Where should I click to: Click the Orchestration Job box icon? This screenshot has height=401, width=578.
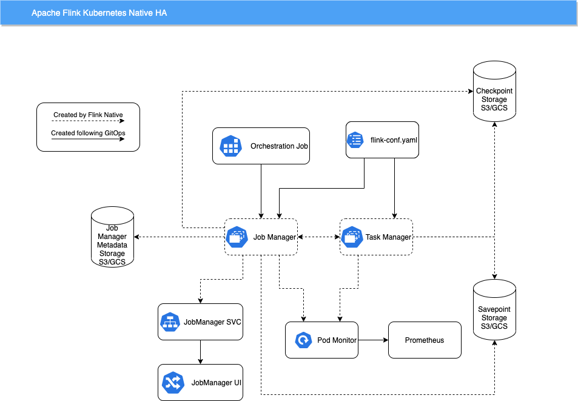pos(230,146)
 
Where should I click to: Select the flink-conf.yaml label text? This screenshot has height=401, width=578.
pos(394,140)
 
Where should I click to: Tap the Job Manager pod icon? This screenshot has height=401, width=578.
pos(237,237)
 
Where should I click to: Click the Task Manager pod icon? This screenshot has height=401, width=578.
pos(352,237)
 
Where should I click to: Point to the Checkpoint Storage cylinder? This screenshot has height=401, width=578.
pos(494,92)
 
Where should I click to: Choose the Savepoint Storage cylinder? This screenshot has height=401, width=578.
pos(494,309)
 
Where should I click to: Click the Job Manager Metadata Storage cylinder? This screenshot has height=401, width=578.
pos(112,237)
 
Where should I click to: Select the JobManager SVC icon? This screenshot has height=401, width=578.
pos(170,322)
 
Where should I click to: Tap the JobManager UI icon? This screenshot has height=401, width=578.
pos(173,383)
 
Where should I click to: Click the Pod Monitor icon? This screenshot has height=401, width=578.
pos(303,340)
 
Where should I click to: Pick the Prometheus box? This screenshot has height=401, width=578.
pos(425,340)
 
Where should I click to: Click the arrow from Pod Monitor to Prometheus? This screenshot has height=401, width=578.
pos(373,340)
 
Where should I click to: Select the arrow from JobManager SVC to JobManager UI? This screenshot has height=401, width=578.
pos(200,352)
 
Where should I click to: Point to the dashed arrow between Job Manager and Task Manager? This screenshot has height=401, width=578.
pos(318,237)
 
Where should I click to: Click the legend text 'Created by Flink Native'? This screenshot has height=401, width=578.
pos(88,115)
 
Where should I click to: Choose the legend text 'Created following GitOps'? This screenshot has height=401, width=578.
pos(88,133)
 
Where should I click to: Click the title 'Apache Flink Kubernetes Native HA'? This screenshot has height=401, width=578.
pos(99,13)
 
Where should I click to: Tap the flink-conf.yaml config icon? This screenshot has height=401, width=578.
pos(355,140)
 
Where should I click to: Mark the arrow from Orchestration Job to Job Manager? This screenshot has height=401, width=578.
pos(261,191)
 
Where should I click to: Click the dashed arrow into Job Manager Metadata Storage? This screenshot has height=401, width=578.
pos(179,237)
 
